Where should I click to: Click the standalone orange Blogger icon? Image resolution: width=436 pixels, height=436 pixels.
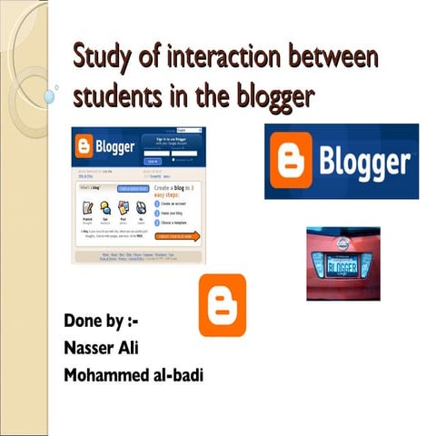[x=222, y=306]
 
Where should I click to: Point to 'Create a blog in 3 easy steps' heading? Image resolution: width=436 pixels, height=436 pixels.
[x=187, y=192]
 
